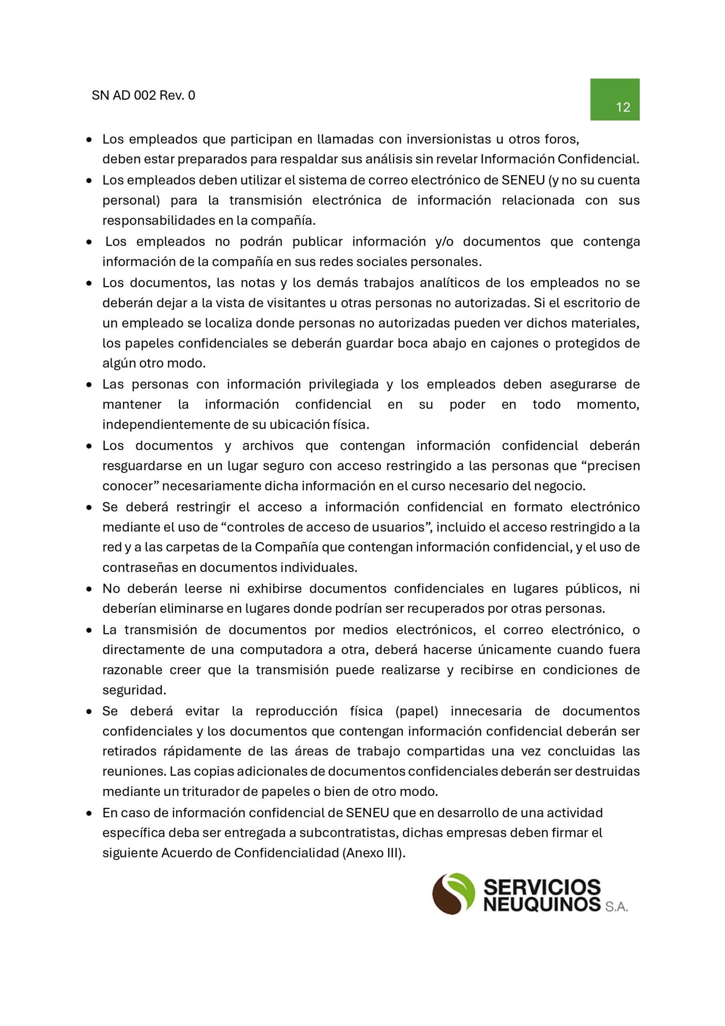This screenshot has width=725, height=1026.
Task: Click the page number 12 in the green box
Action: [x=623, y=107]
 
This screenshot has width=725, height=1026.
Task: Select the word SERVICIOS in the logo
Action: [x=542, y=887]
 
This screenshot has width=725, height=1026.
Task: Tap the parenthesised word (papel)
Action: [x=417, y=711]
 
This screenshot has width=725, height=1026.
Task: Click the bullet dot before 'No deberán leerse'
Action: [x=89, y=589]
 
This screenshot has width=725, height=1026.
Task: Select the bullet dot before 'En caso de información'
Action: [x=89, y=813]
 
